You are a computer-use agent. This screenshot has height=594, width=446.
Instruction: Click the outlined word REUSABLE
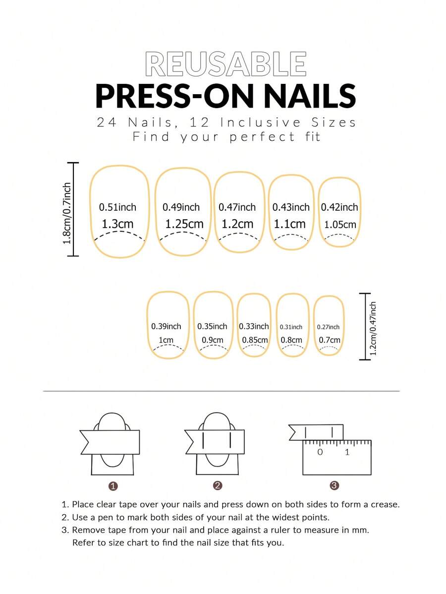coord(225,64)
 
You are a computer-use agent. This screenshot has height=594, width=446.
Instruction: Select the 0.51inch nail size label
coord(117,207)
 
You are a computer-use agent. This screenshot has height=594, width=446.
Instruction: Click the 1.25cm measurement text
coord(184,224)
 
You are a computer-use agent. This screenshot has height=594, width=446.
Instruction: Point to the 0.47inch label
coord(237,207)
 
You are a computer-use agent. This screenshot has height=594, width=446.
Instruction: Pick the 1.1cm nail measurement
coord(289,224)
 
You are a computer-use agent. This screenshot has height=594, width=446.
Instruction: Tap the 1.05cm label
coord(340,225)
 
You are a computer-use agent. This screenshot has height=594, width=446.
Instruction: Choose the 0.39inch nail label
coord(166,326)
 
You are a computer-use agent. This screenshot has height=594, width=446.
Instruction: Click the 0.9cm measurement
coord(213,340)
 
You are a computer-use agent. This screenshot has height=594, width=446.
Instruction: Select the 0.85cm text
coord(255,340)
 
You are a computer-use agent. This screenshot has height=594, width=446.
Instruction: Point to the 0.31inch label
coord(291,327)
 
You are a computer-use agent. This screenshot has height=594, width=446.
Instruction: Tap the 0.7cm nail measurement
coord(330,340)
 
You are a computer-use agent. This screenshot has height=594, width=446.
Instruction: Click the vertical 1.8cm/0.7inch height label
coord(67,213)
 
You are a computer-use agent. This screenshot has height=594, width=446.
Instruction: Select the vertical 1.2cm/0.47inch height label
coord(373,328)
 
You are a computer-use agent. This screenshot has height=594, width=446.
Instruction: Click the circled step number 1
coord(113,486)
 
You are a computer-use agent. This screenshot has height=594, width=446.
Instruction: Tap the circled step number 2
coord(218,485)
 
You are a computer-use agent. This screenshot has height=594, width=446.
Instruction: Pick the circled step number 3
coord(334,485)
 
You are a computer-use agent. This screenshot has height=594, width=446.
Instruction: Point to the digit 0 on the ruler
coord(320,452)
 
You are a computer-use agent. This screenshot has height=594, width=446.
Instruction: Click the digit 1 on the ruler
coord(347,452)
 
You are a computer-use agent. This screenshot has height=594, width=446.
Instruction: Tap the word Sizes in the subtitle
coord(334,122)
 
